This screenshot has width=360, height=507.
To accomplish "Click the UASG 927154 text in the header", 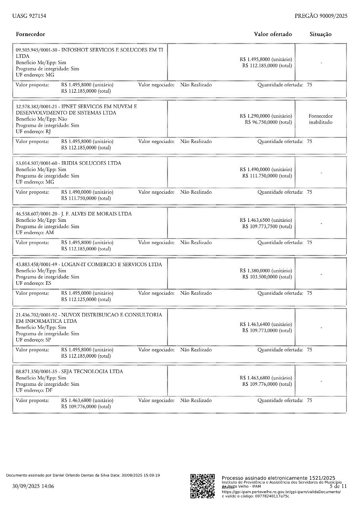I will click(29, 16).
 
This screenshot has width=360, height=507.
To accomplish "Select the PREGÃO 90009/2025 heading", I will click(321, 16).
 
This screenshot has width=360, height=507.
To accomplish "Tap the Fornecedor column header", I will click(30, 34).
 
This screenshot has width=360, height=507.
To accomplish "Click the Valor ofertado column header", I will click(273, 34).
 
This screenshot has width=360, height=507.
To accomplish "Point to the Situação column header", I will click(320, 34).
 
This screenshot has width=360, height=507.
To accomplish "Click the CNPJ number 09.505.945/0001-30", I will click(36, 50).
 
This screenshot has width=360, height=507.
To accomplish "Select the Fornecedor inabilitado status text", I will click(320, 119).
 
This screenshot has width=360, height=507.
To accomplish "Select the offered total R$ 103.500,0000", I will click(267, 277).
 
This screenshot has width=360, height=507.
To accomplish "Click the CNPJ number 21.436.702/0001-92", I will click(36, 314).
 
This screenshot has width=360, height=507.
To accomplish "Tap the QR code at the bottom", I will click(202, 486).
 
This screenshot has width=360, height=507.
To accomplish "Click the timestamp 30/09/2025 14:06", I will click(33, 486).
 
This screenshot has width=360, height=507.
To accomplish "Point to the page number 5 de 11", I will click(338, 486).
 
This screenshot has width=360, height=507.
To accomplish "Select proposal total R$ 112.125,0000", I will click(86, 299).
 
